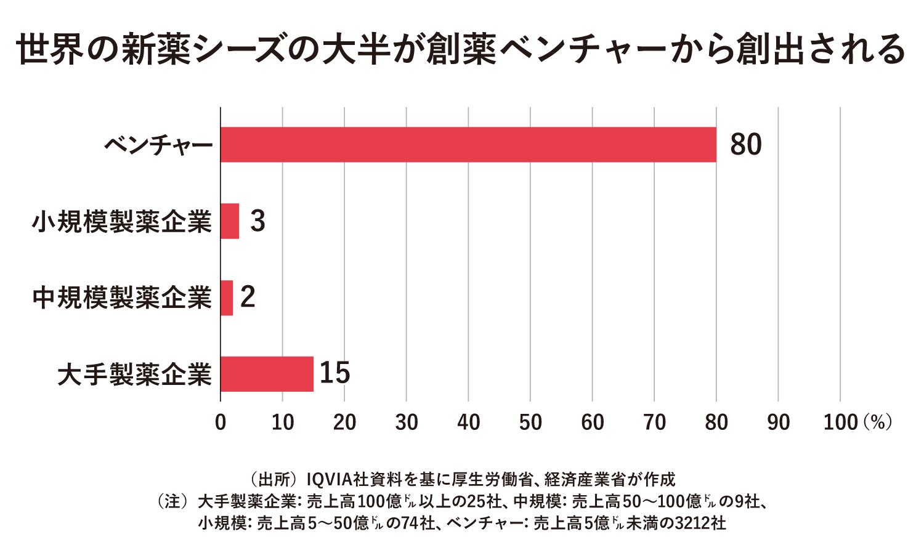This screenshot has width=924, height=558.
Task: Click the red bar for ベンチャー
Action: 468,145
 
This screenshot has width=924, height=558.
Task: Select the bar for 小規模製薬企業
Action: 230,221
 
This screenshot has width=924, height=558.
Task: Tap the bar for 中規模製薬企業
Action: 227,297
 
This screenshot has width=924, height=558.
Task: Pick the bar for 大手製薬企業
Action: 267,374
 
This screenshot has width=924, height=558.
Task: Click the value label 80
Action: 745,145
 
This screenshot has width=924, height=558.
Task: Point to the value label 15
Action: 334,373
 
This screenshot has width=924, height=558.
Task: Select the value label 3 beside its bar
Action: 257,221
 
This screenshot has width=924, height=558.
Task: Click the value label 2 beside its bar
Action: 248,297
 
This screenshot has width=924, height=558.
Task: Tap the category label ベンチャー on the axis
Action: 158,146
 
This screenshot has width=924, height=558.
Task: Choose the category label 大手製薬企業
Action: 135,374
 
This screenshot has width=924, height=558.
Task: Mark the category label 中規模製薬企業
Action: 122,298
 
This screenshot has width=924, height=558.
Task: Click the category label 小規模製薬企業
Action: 122,222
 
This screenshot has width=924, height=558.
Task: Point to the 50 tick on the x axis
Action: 530,422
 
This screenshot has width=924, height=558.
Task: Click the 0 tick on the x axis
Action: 221,422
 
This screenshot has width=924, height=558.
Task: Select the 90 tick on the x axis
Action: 779,422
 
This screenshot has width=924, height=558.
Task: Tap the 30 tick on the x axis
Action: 407,422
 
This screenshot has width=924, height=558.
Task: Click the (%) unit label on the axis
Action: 878,422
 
